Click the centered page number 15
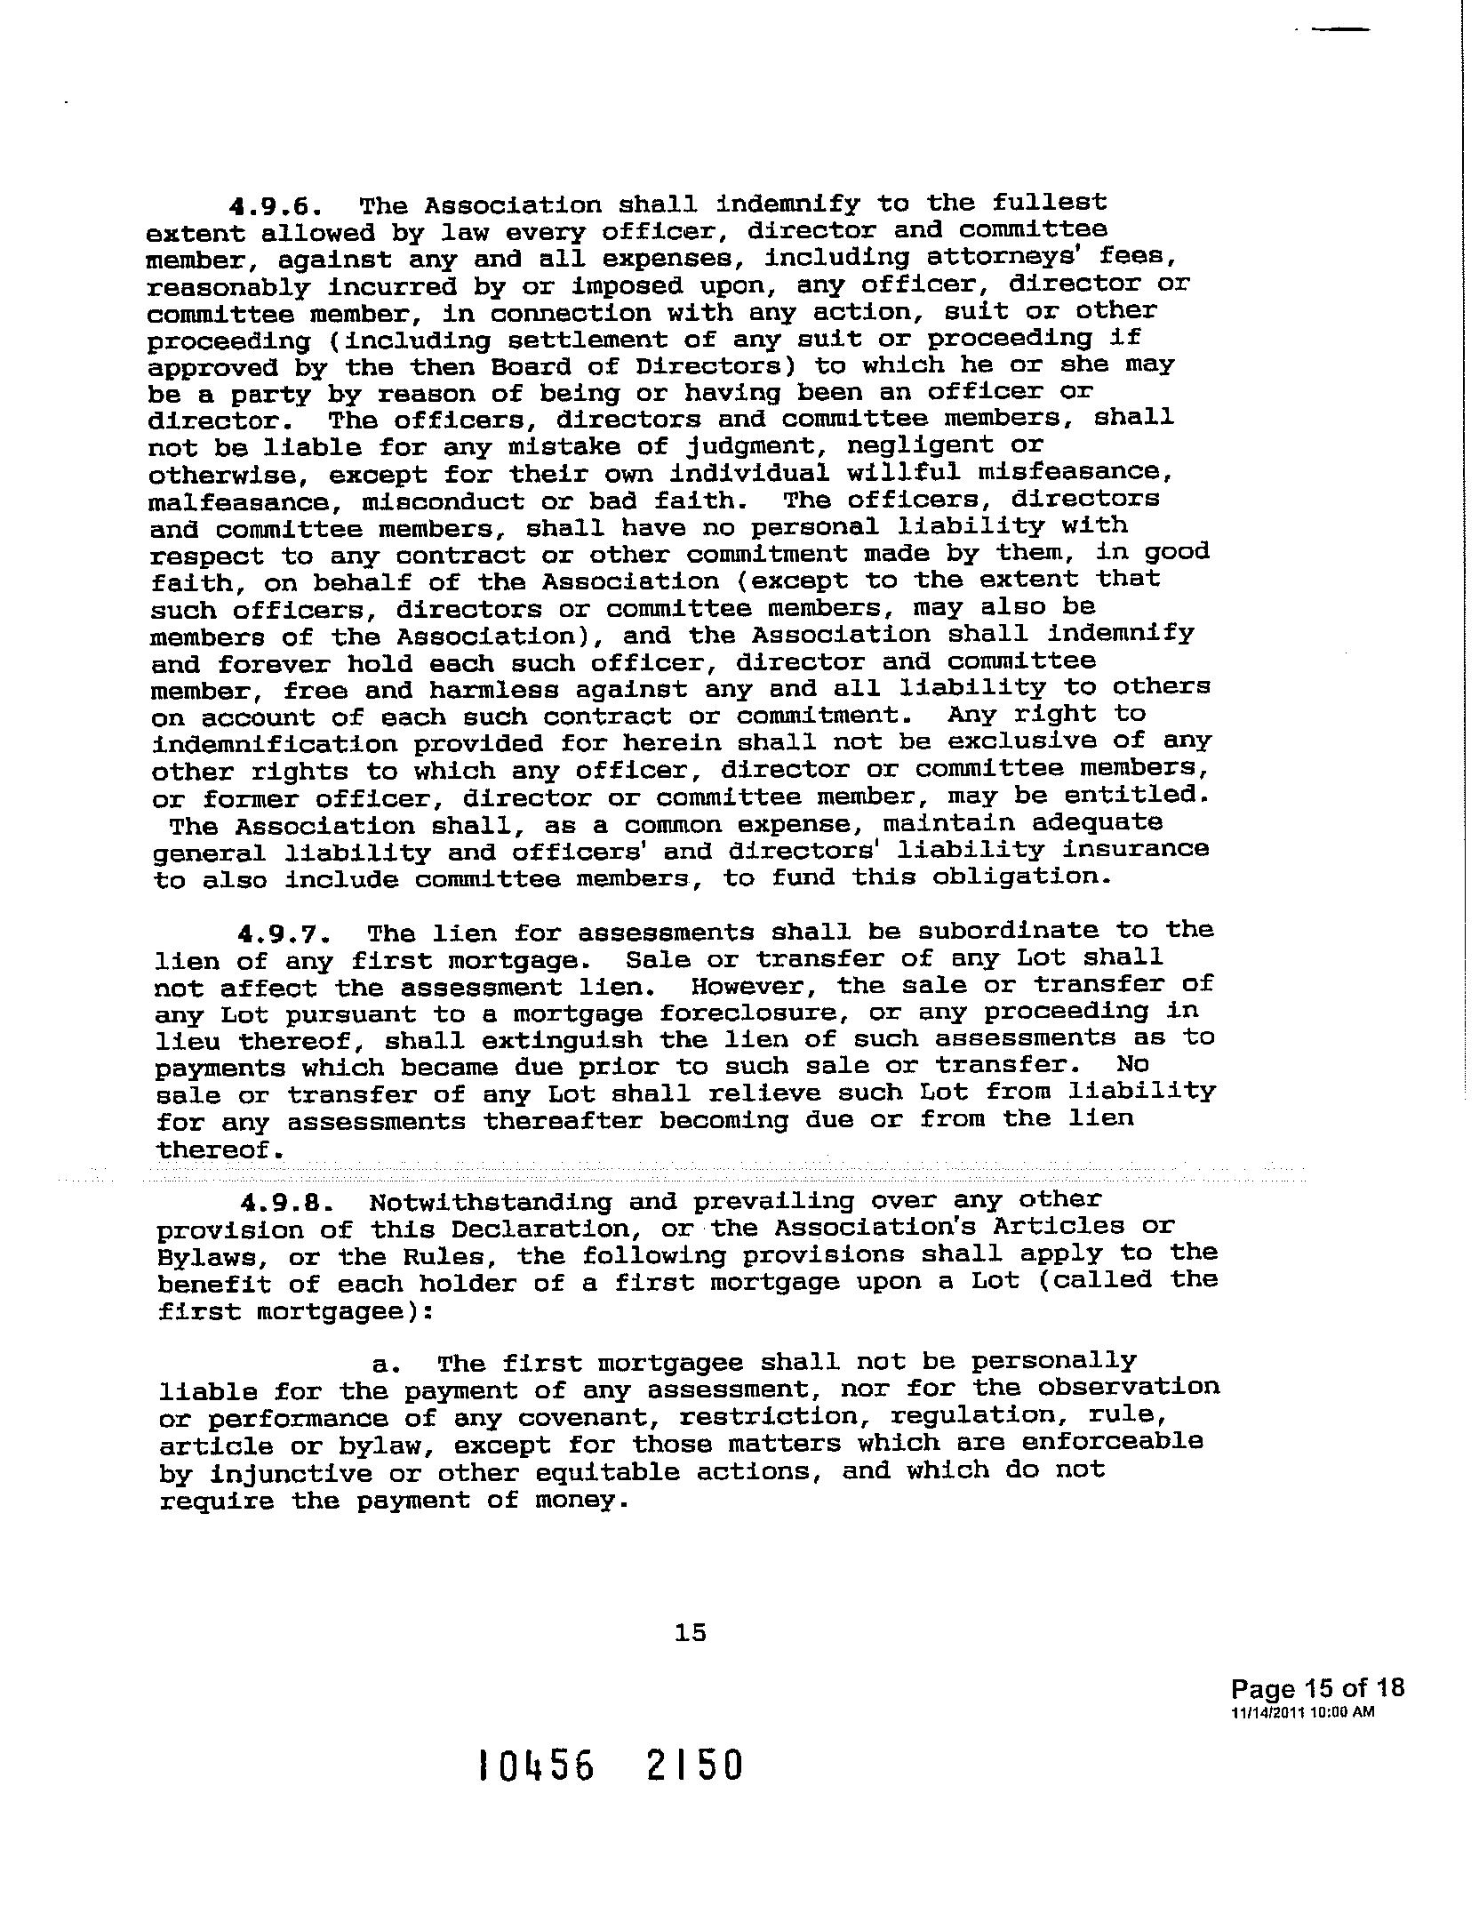[690, 1632]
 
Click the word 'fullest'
[1050, 202]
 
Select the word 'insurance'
[1136, 849]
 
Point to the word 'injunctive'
[291, 1473]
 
